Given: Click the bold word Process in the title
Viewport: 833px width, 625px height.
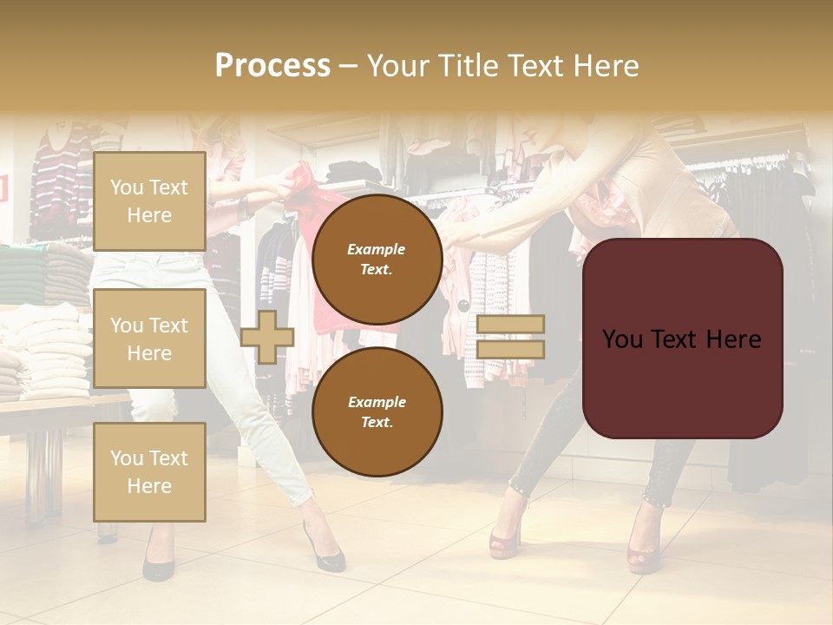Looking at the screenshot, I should pyautogui.click(x=272, y=65).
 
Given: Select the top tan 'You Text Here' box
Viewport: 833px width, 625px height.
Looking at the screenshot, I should pyautogui.click(x=149, y=201).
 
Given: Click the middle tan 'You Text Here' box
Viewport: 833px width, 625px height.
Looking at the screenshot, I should pyautogui.click(x=149, y=339).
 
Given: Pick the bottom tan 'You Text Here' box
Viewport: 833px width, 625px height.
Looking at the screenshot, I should pyautogui.click(x=149, y=471).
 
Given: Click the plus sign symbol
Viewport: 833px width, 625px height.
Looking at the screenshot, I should pyautogui.click(x=267, y=337).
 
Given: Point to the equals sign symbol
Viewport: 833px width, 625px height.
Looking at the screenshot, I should pyautogui.click(x=511, y=337).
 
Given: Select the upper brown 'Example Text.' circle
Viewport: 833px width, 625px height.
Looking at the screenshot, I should pyautogui.click(x=377, y=260).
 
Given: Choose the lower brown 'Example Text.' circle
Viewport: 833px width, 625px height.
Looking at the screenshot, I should pyautogui.click(x=377, y=412).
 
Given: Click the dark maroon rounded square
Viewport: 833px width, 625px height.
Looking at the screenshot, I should pyautogui.click(x=682, y=339).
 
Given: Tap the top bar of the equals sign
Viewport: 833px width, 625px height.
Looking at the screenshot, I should pyautogui.click(x=511, y=325).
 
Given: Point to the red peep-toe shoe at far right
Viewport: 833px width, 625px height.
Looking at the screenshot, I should pyautogui.click(x=644, y=547).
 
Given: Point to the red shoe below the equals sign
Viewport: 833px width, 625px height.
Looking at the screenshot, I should pyautogui.click(x=505, y=538).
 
